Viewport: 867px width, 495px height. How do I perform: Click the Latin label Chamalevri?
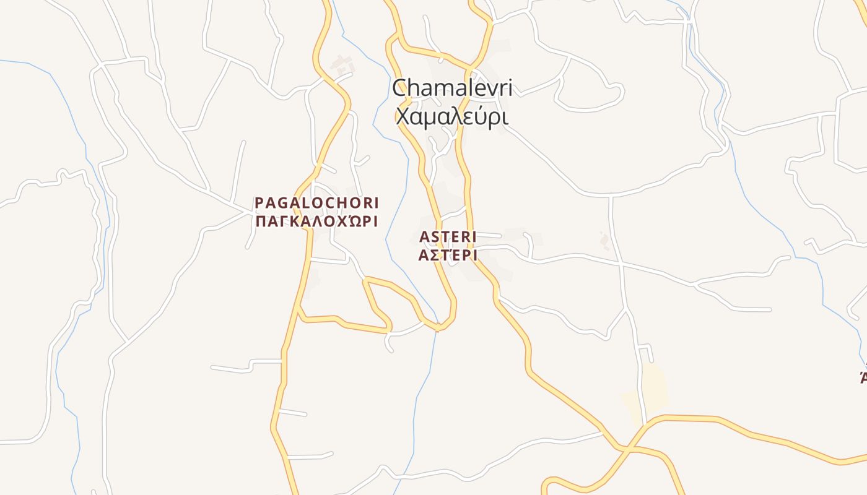pyautogui.click(x=452, y=87)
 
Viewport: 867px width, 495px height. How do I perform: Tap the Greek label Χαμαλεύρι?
pyautogui.click(x=452, y=116)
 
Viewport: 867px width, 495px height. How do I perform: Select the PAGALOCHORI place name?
pyautogui.click(x=316, y=203)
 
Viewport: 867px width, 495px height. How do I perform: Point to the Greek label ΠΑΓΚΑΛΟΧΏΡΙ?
pyautogui.click(x=316, y=221)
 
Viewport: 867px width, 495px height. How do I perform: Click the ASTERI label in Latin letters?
pyautogui.click(x=447, y=237)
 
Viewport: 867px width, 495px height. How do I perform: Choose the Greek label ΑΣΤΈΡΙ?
pyautogui.click(x=447, y=255)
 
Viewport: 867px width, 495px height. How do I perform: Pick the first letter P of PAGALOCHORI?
pyautogui.click(x=259, y=203)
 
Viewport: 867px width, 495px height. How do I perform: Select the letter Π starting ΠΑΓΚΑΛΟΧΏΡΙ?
pyautogui.click(x=260, y=221)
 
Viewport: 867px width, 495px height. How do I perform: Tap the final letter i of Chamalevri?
pyautogui.click(x=510, y=87)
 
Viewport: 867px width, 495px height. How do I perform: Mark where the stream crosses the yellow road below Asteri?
pyautogui.click(x=437, y=326)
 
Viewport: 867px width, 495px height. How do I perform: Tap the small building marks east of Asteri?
pyautogui.click(x=604, y=240)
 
